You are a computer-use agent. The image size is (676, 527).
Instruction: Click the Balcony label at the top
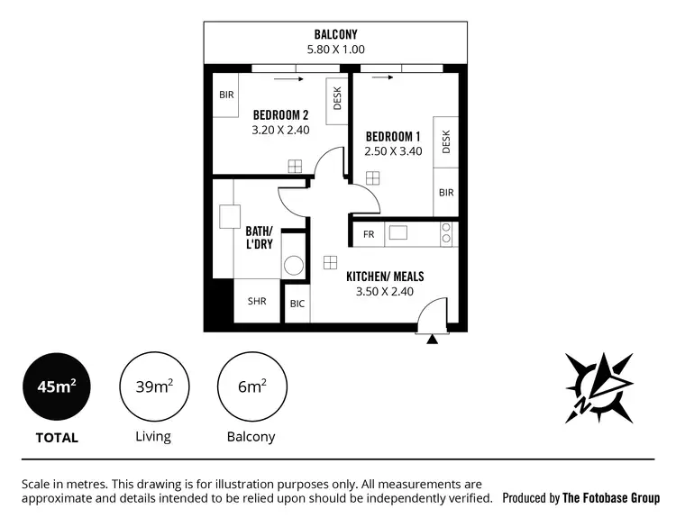(x=339, y=34)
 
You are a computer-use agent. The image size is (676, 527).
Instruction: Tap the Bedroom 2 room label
(x=280, y=114)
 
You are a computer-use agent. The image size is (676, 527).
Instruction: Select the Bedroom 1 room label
(x=393, y=136)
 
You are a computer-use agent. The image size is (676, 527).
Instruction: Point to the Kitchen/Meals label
(x=385, y=277)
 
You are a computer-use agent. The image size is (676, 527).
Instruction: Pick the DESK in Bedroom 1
(x=445, y=141)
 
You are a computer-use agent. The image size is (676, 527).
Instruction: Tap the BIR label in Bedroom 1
(x=445, y=192)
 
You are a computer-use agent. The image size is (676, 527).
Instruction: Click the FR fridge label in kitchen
(x=368, y=234)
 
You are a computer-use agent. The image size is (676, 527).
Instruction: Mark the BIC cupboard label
(x=297, y=304)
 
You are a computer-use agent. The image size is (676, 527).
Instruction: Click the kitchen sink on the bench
(x=397, y=233)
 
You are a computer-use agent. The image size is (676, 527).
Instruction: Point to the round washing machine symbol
(x=294, y=266)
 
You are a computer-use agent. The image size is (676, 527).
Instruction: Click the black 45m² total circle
(x=56, y=387)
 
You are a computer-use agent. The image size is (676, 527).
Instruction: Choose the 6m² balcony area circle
(x=251, y=387)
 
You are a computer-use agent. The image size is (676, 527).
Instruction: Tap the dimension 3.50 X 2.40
(x=385, y=292)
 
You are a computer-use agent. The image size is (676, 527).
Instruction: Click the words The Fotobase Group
(x=610, y=497)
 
